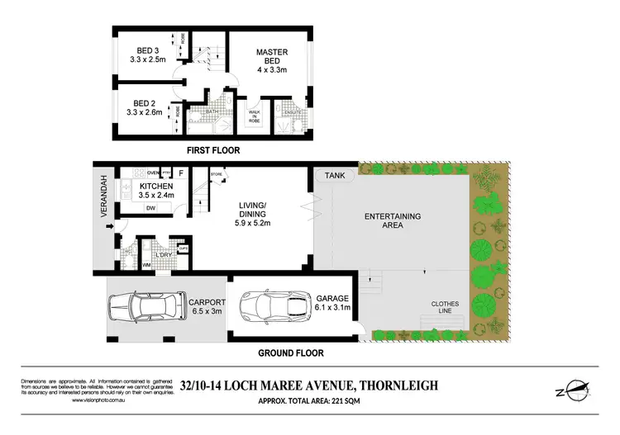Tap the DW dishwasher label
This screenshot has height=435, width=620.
pos(151,208)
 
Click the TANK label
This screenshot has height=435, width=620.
pos(334,175)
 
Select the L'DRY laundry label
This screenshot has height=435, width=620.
pos(161,256)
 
